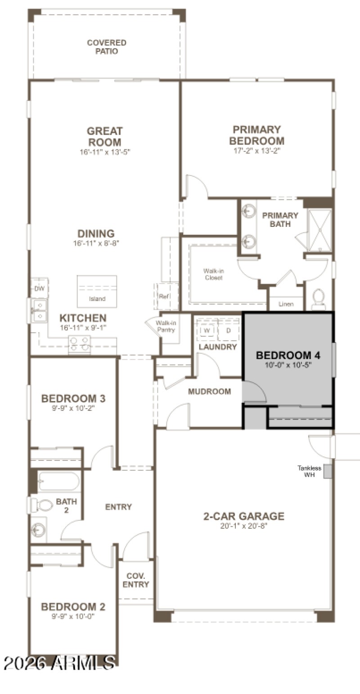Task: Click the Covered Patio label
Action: point(107,47)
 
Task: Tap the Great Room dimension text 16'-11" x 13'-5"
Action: point(105,152)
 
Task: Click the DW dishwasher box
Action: point(39,288)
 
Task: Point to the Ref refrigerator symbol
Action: point(163,297)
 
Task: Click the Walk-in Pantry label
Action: point(165,327)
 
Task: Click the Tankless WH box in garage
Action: point(328,471)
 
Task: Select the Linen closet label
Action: point(286,304)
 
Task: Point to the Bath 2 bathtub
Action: point(58,482)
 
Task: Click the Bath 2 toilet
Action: point(41,505)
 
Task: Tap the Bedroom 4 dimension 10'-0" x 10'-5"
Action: point(288,365)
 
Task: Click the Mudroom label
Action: point(209,392)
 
